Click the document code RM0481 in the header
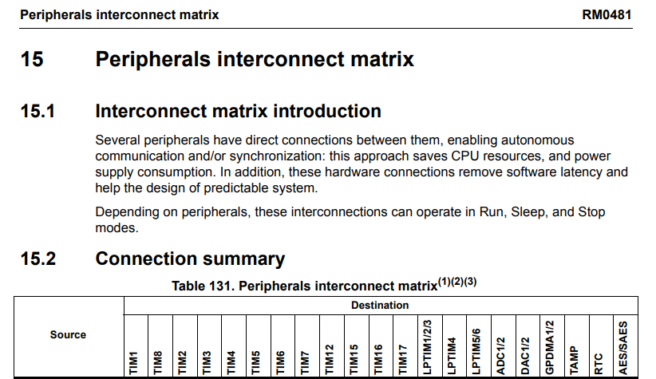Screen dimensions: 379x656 point(607,14)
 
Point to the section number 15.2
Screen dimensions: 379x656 point(38,259)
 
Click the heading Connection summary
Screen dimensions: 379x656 point(190,259)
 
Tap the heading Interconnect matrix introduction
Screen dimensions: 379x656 point(238,111)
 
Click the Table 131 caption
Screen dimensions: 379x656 point(324,285)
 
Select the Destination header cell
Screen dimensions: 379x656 point(380,305)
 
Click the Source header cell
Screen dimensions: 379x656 point(68,334)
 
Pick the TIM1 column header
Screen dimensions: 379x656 point(135,361)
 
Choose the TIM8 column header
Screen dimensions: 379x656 point(159,361)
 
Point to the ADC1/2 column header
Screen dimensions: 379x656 point(500,355)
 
